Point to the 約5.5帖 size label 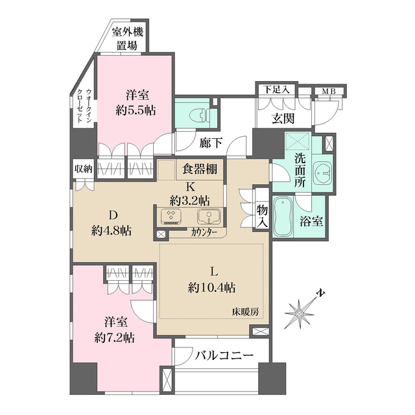click(x=135, y=110)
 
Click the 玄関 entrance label click(x=283, y=118)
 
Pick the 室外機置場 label click(x=126, y=38)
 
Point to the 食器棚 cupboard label click(x=199, y=171)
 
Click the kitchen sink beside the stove click(x=209, y=216)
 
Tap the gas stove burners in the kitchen click(x=172, y=216)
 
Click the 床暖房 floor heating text click(x=246, y=312)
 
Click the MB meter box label click(x=329, y=91)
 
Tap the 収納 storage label click(x=82, y=169)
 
